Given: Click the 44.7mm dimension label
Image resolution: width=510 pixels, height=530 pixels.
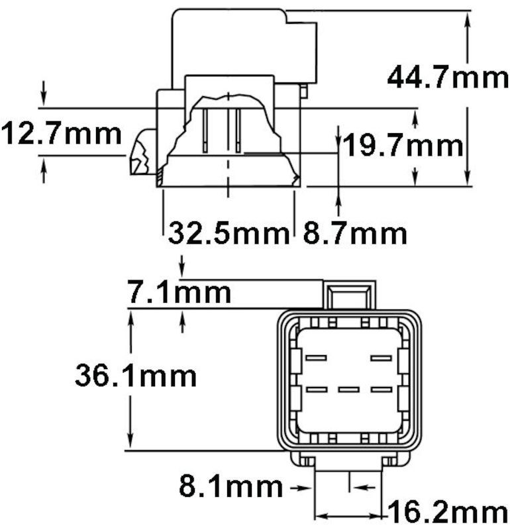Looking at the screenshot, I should tap(448, 78).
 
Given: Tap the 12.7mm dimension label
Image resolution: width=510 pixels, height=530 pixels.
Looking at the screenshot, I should tap(61, 134).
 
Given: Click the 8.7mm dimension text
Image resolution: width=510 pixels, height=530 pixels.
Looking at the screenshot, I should tap(355, 233).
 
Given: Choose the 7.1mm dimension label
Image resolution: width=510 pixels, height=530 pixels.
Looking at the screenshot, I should tap(179, 292).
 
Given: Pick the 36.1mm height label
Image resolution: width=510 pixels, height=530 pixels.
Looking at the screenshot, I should tap(136, 376).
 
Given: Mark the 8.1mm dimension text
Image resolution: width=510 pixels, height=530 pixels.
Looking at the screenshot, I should tap(230, 488).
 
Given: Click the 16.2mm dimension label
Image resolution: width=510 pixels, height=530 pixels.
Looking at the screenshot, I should tap(446, 513).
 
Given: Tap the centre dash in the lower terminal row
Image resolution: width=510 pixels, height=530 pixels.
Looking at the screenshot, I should tap(348, 389).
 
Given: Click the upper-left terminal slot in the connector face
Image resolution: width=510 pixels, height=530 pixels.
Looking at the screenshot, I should tap(316, 358).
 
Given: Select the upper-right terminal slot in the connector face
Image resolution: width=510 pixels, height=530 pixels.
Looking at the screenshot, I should tap(382, 358).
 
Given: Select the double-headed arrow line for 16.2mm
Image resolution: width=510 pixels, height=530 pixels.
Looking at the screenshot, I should tap(350, 514).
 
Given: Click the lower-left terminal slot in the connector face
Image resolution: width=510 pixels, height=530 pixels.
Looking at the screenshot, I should tap(316, 389).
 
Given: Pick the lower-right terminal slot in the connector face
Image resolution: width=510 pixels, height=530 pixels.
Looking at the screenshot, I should tap(382, 389).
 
